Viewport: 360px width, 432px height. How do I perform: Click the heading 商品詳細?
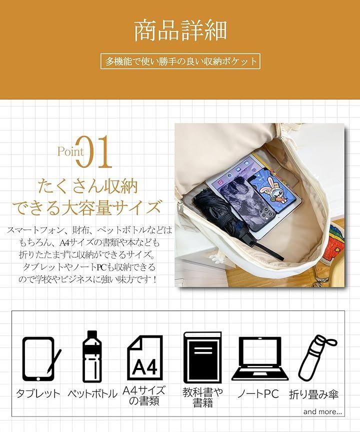(180, 31)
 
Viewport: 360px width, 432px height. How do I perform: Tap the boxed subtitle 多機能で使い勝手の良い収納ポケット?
(180, 61)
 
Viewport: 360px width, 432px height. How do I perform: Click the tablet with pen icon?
(41, 359)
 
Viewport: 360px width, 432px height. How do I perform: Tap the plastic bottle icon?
(92, 356)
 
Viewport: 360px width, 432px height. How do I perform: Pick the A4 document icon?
(145, 357)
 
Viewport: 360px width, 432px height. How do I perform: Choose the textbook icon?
(202, 357)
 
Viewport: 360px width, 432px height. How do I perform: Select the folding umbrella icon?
(317, 357)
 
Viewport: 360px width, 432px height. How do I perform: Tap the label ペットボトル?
(92, 393)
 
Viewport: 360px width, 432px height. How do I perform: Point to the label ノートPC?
(258, 393)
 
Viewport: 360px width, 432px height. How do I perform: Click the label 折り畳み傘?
(313, 394)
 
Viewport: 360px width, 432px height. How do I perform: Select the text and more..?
(322, 411)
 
